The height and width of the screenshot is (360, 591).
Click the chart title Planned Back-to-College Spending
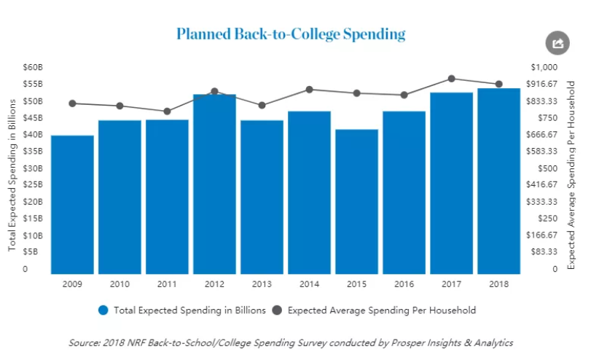coord(291,34)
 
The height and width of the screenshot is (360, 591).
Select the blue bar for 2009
coord(72,204)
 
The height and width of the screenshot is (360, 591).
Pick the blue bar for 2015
coord(356,201)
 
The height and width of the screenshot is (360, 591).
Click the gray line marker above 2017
coord(451,79)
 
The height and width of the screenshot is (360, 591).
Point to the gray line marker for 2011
coord(167,111)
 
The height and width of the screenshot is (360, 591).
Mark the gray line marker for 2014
coord(309,90)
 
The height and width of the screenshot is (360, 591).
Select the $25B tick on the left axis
coord(32,185)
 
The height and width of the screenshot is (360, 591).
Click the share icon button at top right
coord(557,43)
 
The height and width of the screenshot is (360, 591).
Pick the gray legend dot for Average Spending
coord(277,310)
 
